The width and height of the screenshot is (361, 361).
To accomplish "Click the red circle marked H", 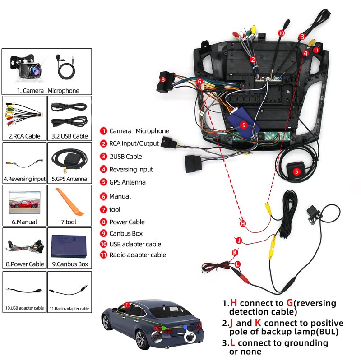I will [243, 223].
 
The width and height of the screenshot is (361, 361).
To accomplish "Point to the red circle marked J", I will [239, 240].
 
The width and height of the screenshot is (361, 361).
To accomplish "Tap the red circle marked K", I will [235, 252].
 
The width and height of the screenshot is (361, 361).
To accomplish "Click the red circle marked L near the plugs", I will [238, 264].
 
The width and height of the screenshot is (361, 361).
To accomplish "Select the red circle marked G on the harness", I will [199, 82].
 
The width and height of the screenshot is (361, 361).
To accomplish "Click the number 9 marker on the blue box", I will [244, 125].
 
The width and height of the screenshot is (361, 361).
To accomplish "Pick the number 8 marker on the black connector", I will [163, 79].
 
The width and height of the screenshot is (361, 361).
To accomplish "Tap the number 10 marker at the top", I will [281, 33].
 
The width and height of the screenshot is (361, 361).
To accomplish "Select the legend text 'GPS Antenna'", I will [127, 182].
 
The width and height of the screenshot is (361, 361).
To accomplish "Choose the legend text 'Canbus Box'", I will [125, 233].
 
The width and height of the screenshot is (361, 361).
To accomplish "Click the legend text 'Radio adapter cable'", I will [137, 255].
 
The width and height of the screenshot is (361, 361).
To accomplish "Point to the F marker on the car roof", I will [127, 305].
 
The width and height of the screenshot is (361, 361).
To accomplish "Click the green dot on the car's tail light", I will [164, 328].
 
